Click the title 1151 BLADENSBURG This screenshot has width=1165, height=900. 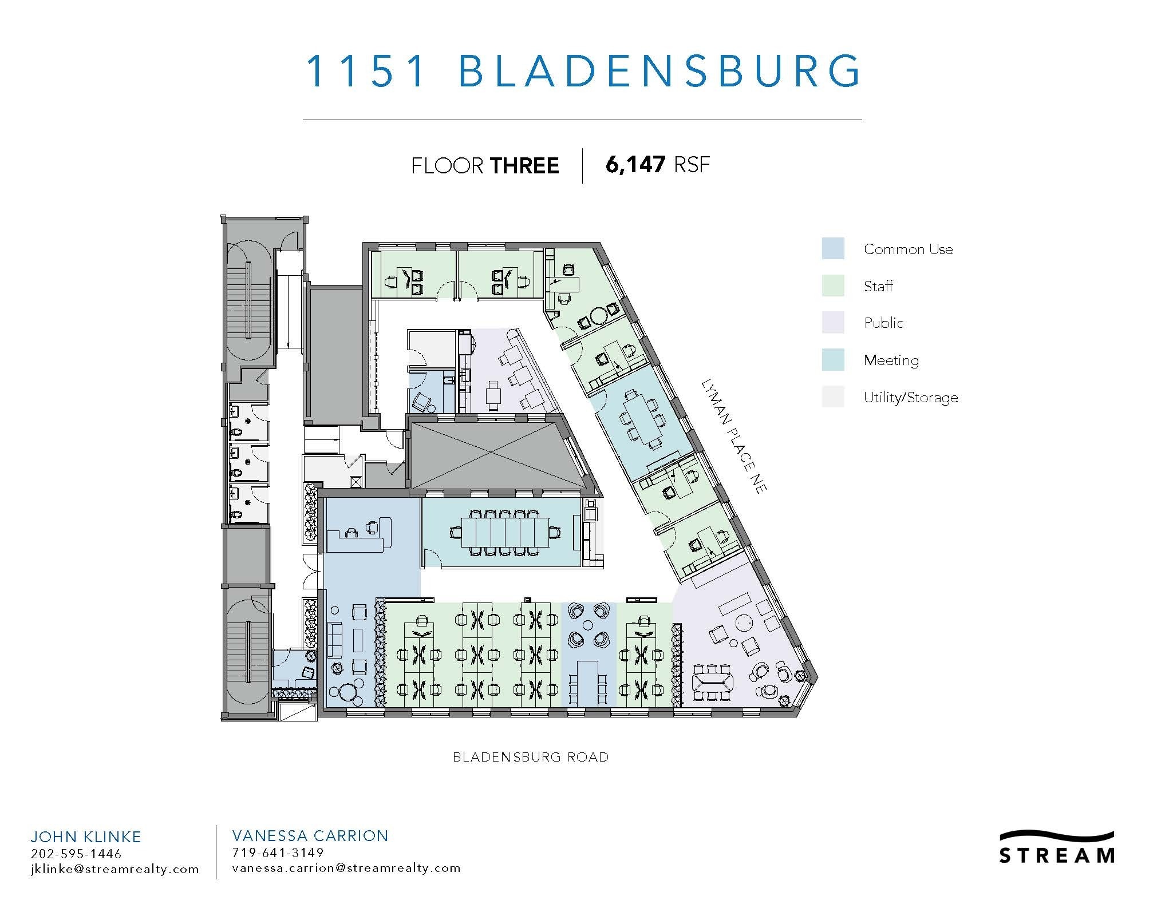[582, 71]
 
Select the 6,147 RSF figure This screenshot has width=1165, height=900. [658, 165]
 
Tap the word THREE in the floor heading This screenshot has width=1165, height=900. [524, 166]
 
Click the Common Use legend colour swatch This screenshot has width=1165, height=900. [833, 249]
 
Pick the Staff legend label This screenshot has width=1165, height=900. [878, 286]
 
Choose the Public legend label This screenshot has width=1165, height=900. [884, 323]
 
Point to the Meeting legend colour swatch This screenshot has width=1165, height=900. [833, 360]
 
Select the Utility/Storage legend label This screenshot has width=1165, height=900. [910, 398]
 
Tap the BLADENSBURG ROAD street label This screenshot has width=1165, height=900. [531, 757]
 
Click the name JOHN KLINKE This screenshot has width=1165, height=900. [86, 836]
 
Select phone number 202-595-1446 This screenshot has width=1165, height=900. [76, 854]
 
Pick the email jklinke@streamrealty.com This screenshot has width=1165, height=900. [114, 869]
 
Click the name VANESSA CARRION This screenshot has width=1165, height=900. [310, 836]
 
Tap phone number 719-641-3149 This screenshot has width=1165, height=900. [278, 853]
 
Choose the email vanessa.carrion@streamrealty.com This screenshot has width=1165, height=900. [346, 868]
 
